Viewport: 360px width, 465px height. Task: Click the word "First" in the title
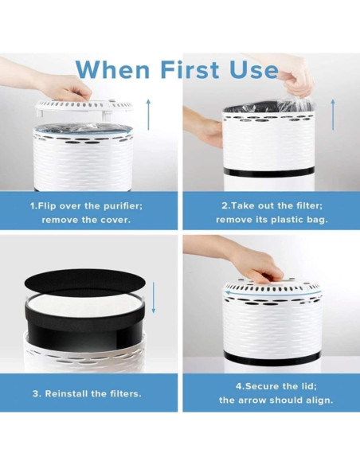pyautogui.click(x=190, y=70)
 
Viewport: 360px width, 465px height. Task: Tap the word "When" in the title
pyautogui.click(x=112, y=70)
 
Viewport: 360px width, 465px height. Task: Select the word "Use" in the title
pyautogui.click(x=254, y=70)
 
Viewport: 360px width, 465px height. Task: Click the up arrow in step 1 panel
pyautogui.click(x=148, y=115)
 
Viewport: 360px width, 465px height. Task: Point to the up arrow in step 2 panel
pyautogui.click(x=333, y=115)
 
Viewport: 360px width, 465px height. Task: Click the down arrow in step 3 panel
pyautogui.click(x=153, y=298)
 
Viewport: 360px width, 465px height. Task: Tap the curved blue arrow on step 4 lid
pyautogui.click(x=273, y=294)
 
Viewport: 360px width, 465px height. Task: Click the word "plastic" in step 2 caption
pyautogui.click(x=285, y=220)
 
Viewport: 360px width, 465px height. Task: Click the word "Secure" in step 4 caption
pyautogui.click(x=262, y=386)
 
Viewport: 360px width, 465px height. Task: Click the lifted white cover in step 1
pyautogui.click(x=84, y=107)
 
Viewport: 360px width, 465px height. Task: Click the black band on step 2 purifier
pyautogui.click(x=268, y=172)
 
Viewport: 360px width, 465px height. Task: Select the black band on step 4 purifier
pyautogui.click(x=272, y=358)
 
